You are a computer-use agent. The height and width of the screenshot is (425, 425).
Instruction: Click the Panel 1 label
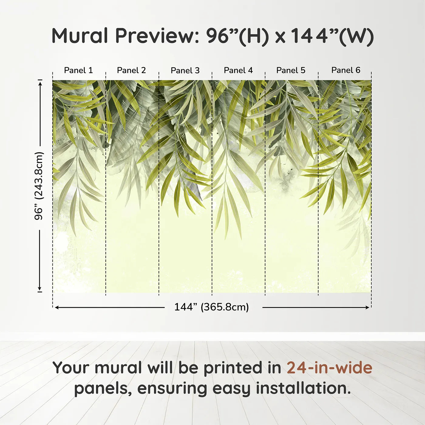(79, 70)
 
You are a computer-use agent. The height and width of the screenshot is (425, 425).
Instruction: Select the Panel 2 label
(131, 70)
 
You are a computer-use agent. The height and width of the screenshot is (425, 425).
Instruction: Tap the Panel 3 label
(185, 70)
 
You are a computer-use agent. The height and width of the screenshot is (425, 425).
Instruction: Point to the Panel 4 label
(238, 70)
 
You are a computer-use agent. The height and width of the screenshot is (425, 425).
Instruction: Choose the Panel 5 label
(291, 70)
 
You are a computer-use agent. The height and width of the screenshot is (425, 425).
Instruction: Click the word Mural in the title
(80, 36)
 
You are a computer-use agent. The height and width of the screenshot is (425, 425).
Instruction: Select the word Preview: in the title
(157, 36)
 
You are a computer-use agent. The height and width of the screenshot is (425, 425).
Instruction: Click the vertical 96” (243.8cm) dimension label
(39, 186)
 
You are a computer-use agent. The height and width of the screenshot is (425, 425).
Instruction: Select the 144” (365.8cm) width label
(212, 307)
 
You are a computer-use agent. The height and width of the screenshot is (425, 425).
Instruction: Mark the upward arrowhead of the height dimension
(40, 83)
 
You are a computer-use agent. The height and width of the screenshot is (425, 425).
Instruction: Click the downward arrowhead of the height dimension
(40, 289)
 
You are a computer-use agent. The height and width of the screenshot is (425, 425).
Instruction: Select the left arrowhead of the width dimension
(57, 308)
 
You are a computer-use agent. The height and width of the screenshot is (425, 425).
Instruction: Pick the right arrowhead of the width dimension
(367, 308)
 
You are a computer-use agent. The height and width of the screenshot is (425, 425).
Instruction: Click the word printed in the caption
(231, 368)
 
